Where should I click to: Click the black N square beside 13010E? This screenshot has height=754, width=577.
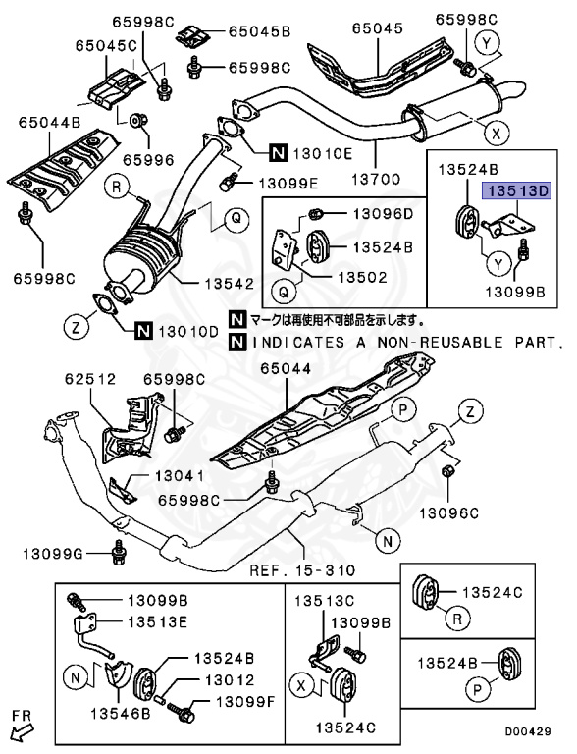tap(279, 151)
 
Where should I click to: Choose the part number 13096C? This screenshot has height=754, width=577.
tap(450, 512)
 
